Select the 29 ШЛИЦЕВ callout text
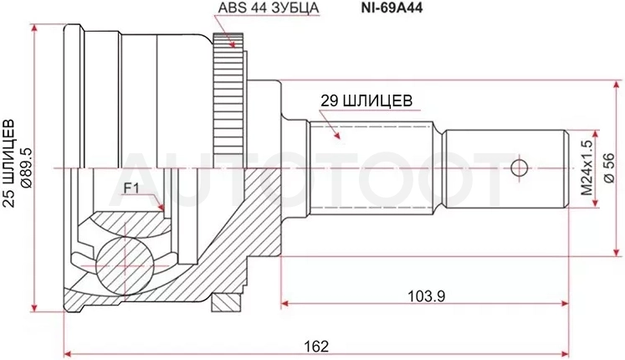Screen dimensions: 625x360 click(366, 100)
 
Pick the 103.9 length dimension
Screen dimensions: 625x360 click(426, 296)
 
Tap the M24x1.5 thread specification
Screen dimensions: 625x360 click(587, 167)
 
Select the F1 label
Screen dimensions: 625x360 click(131, 188)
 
